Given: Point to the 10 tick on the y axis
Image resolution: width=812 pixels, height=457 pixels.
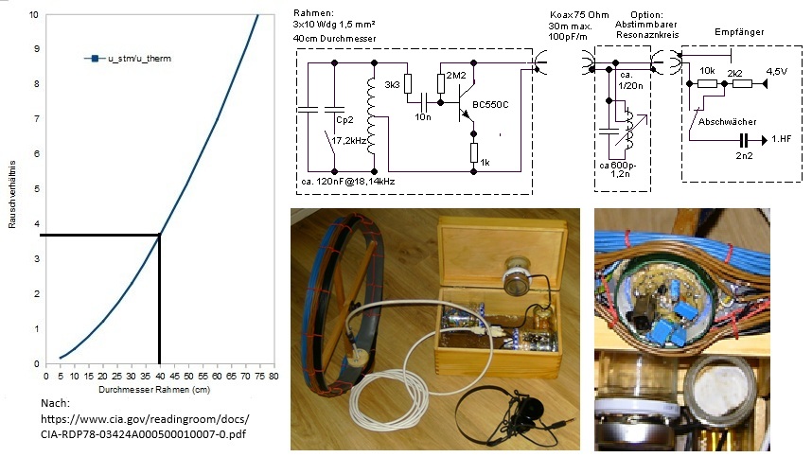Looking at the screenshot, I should pos(35,15).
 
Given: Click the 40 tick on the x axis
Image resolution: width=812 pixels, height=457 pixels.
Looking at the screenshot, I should pos(159,376).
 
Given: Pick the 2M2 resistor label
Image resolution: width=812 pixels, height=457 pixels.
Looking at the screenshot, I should pos(455,75).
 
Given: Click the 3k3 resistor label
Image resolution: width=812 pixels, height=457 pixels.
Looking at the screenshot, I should pos(393,84).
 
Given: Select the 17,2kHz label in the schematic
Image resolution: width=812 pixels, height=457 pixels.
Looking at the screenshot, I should pos(350,140).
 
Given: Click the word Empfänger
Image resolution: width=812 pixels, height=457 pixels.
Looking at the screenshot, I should pos(740,32).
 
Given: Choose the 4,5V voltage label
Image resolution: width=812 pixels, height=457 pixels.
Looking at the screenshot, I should pos(776,72).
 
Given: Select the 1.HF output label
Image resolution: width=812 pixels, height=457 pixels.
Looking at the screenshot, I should pos(782,138).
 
